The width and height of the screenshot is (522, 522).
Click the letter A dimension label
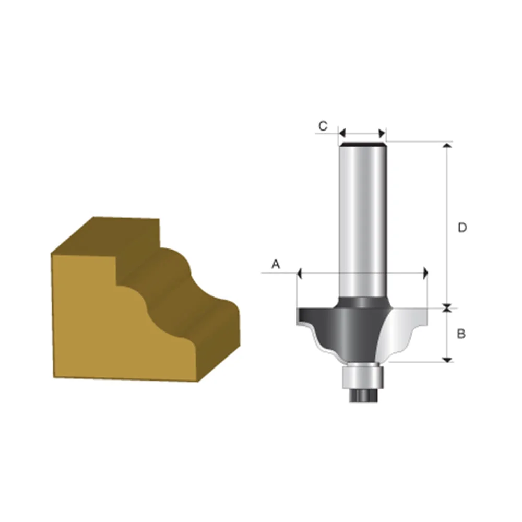pyautogui.click(x=276, y=265)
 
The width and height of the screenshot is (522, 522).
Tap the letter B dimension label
pyautogui.click(x=461, y=334)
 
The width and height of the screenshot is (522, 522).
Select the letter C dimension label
pyautogui.click(x=323, y=126)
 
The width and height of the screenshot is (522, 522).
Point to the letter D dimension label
pyautogui.click(x=462, y=228)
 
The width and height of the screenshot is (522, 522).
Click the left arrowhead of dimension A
pyautogui.click(x=299, y=272)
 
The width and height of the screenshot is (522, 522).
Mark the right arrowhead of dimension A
pyautogui.click(x=426, y=272)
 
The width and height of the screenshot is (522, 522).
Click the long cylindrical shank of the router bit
pyautogui.click(x=362, y=219)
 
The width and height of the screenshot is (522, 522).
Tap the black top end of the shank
pyautogui.click(x=362, y=144)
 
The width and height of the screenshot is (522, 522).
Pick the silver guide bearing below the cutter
pyautogui.click(x=362, y=375)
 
